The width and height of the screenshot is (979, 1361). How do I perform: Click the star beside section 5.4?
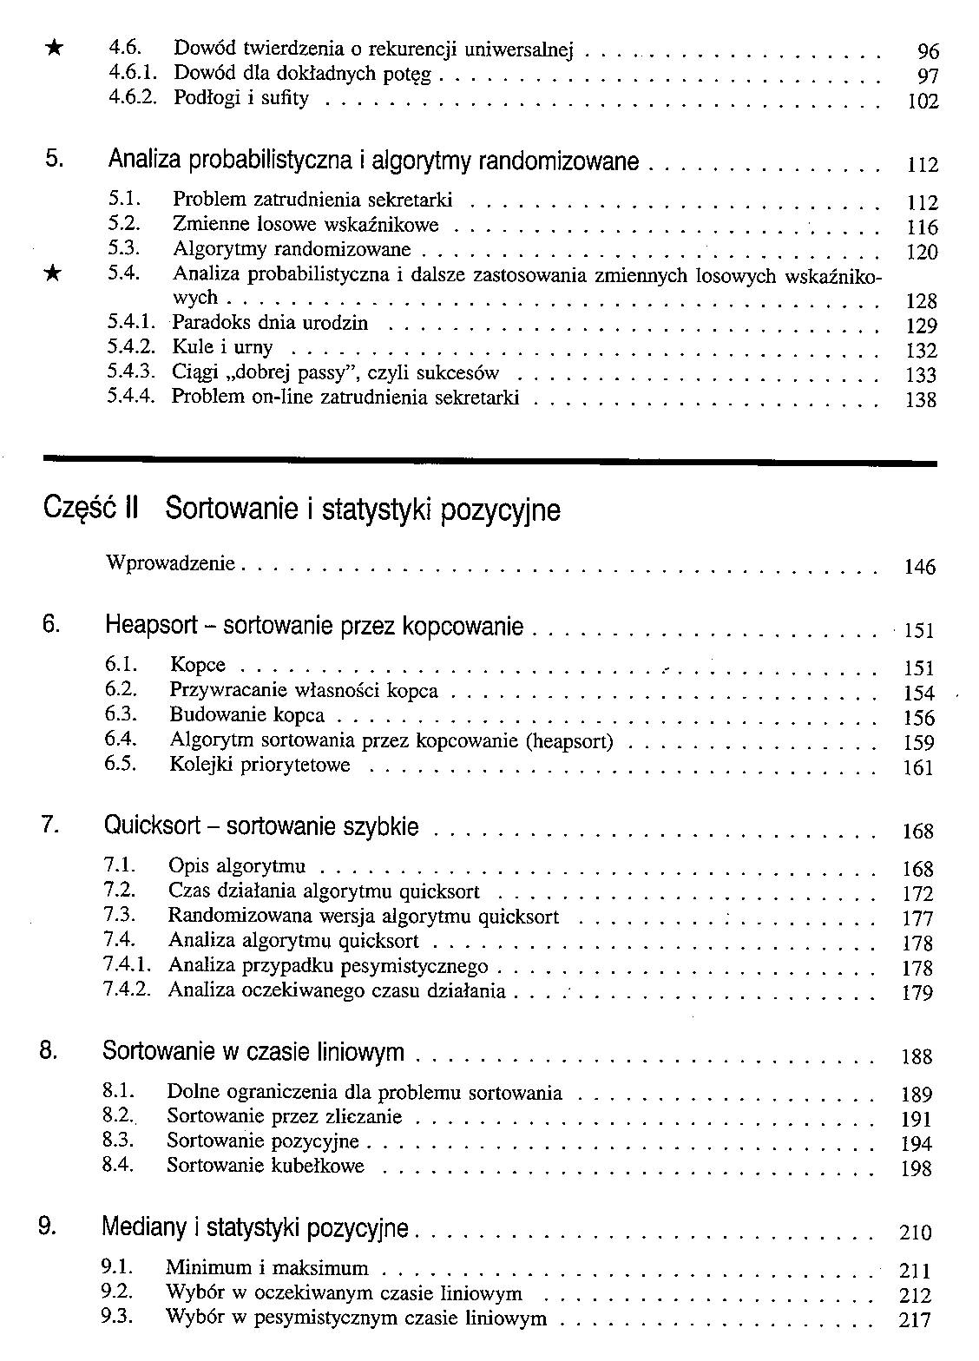tap(53, 274)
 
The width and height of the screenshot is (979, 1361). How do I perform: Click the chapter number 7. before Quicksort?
tap(49, 825)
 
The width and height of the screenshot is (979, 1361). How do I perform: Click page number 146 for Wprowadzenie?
tap(919, 568)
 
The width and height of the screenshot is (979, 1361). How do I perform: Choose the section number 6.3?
tap(121, 715)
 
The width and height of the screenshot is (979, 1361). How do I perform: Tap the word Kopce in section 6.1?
tap(198, 666)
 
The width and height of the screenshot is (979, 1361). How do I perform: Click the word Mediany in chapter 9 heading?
tap(144, 1227)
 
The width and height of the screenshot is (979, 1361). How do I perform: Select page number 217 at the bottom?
tap(916, 1321)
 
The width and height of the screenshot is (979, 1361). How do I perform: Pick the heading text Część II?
tap(90, 509)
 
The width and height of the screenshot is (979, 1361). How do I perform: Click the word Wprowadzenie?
tap(170, 563)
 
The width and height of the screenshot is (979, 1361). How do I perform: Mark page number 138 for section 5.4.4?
tap(920, 400)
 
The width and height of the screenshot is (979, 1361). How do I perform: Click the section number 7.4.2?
tap(127, 990)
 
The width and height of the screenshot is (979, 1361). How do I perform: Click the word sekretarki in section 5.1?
tap(411, 201)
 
